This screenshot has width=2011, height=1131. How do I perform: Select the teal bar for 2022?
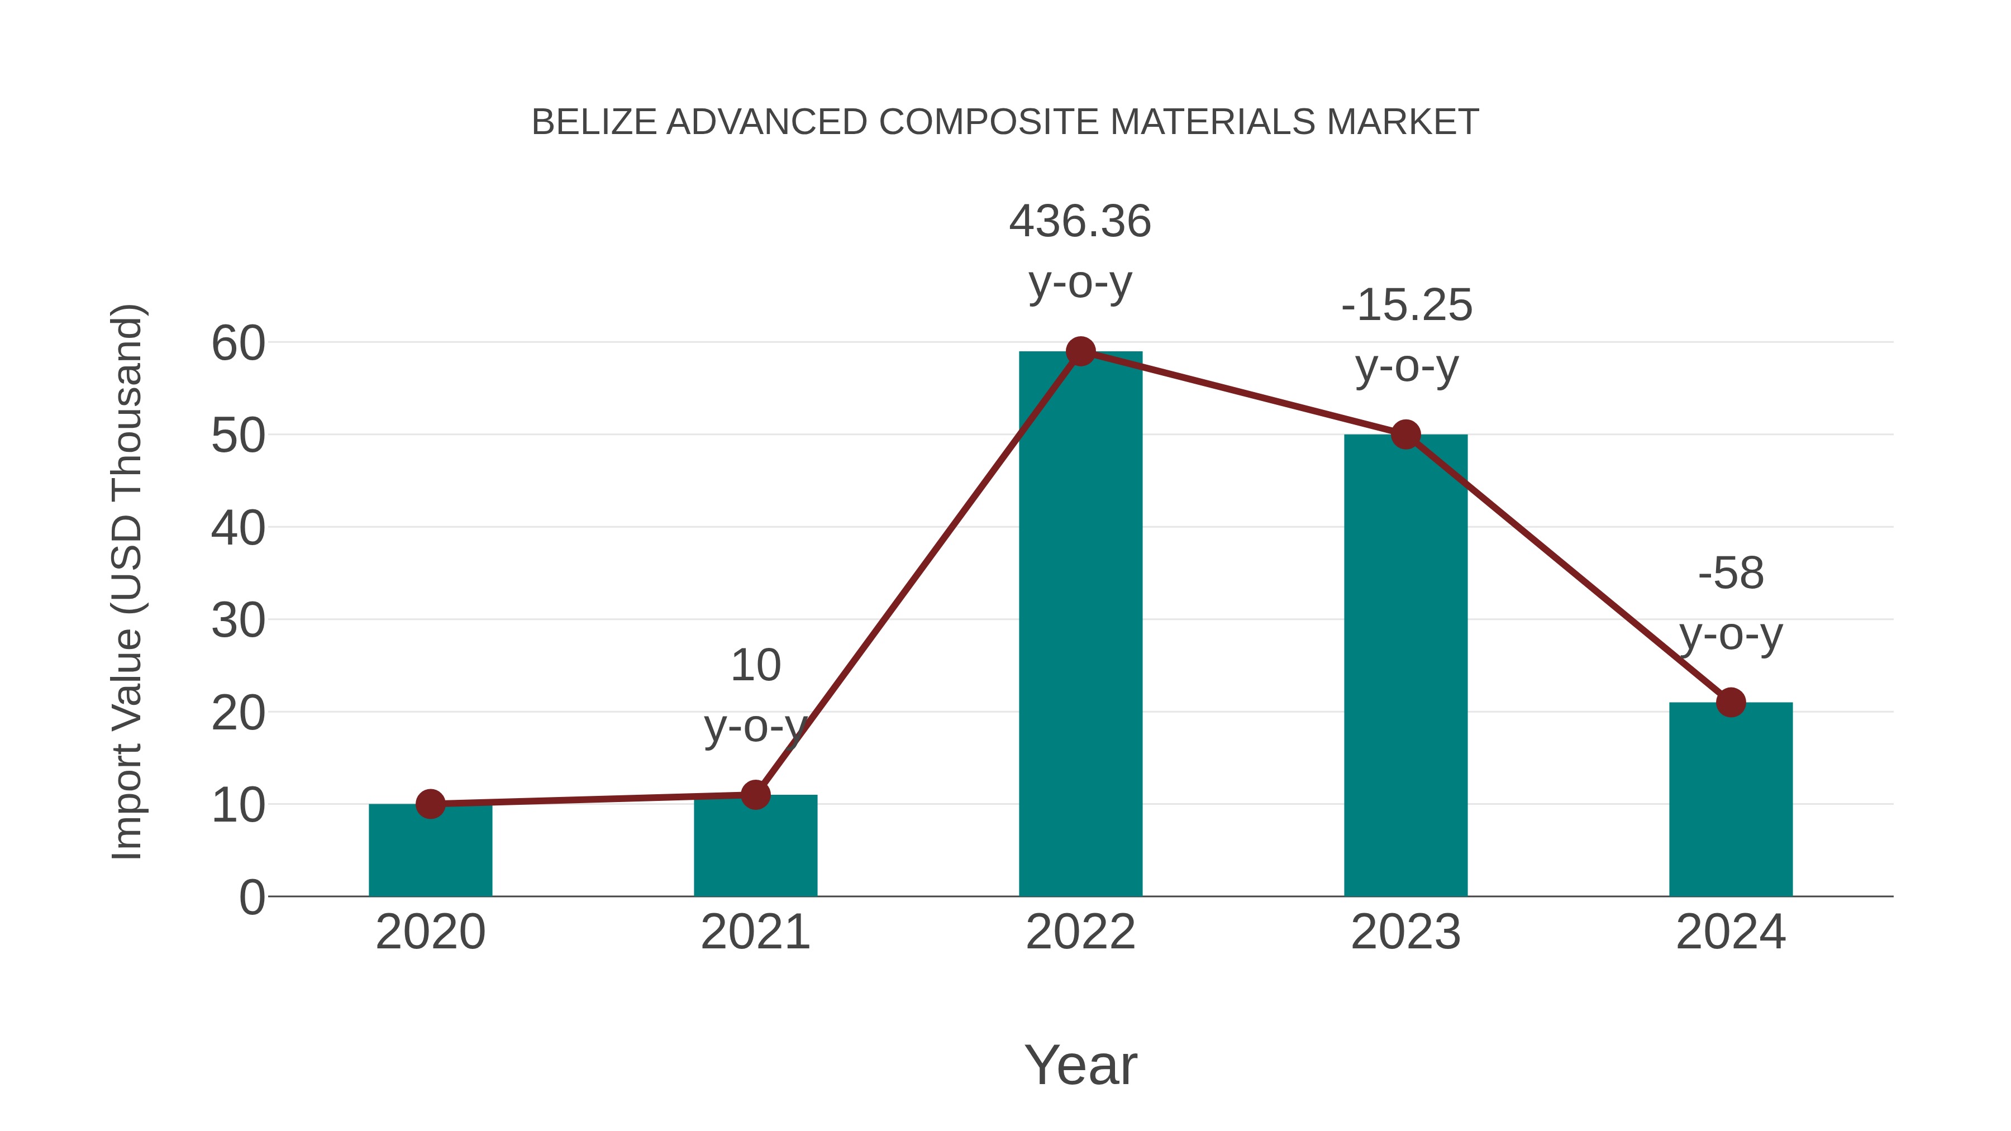click(1080, 624)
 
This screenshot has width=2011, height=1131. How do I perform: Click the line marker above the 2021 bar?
click(755, 795)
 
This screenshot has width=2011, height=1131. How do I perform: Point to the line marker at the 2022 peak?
click(1080, 351)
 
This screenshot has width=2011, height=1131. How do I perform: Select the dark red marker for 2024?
click(1731, 703)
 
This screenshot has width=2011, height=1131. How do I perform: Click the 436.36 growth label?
click(1080, 222)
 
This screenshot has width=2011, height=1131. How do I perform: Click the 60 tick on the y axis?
click(238, 343)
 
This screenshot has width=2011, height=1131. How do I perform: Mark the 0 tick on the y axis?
click(251, 898)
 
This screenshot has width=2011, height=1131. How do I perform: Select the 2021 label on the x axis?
click(755, 932)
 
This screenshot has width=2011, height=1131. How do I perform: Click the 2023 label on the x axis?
click(1405, 932)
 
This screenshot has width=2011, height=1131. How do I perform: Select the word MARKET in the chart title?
click(1402, 122)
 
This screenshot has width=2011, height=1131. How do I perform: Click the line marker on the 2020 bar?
click(430, 804)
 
